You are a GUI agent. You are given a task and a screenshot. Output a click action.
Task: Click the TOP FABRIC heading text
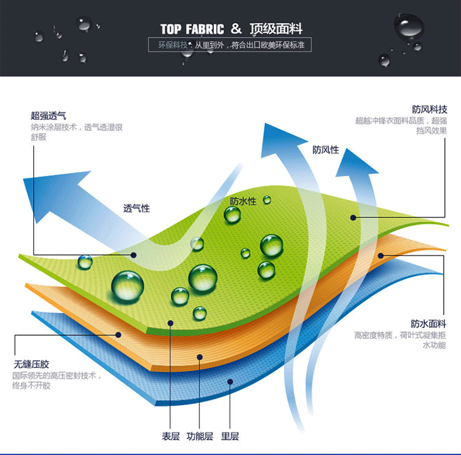pyautogui.click(x=192, y=29)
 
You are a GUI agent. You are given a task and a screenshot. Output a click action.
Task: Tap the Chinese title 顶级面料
pyautogui.click(x=277, y=29)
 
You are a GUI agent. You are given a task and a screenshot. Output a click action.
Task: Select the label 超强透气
pyautogui.click(x=49, y=116)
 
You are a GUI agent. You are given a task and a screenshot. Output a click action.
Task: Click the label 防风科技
pyautogui.click(x=430, y=109)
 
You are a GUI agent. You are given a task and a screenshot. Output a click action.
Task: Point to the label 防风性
pyautogui.click(x=325, y=150)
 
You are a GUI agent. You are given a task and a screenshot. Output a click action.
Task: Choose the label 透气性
pyautogui.click(x=136, y=208)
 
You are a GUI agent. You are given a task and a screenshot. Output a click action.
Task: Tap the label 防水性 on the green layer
pyautogui.click(x=243, y=201)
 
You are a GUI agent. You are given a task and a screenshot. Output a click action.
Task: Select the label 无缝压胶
pyautogui.click(x=31, y=363)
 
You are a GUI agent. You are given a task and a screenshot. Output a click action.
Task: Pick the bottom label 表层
pyautogui.click(x=170, y=436)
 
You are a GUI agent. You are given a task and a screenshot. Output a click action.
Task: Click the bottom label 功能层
pyautogui.click(x=200, y=436)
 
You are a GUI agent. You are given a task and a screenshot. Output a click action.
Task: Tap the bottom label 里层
pyautogui.click(x=230, y=436)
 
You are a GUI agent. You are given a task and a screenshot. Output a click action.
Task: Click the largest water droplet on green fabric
pyautogui.click(x=128, y=285)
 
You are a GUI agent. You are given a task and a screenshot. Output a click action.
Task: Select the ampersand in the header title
pyautogui.click(x=237, y=29)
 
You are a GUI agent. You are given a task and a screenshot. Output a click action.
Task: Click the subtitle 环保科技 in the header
pyautogui.click(x=172, y=45)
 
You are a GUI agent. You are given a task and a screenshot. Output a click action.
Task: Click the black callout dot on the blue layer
pyautogui.click(x=230, y=381)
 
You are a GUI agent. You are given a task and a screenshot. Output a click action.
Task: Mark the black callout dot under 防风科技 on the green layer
pyautogui.click(x=353, y=217)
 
